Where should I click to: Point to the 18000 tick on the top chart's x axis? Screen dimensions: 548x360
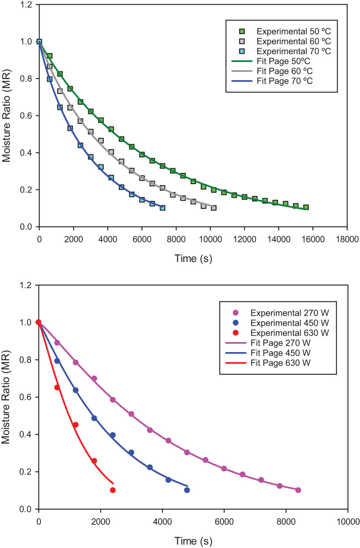(x=347, y=239)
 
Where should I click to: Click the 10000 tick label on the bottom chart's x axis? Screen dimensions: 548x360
(x=348, y=522)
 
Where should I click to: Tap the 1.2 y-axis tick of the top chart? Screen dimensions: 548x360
(x=26, y=5)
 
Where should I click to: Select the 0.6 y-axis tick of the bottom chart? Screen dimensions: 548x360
(x=25, y=397)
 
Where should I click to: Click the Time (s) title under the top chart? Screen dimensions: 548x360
(x=193, y=259)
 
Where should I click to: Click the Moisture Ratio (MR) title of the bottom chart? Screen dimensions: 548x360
(x=6, y=397)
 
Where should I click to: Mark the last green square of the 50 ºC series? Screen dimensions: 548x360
(x=306, y=207)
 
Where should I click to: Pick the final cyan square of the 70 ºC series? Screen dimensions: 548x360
(x=162, y=208)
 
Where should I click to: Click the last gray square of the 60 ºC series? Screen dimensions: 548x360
(x=214, y=208)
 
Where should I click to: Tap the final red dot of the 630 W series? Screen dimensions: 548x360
(x=113, y=490)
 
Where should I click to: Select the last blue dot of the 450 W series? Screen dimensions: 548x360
(x=187, y=490)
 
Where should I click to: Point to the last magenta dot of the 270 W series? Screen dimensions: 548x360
(x=298, y=490)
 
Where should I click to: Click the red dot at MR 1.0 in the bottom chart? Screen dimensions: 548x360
(x=39, y=322)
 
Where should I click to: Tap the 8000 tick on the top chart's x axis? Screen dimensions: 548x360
(x=176, y=239)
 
